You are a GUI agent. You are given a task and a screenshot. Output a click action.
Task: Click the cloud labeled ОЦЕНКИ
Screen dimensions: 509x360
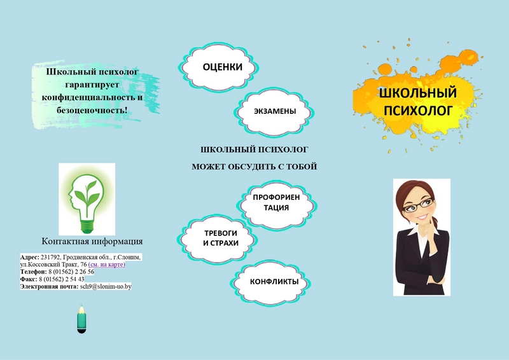pos(218,67)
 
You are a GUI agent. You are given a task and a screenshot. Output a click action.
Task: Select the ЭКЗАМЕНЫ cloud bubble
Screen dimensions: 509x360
pos(274,111)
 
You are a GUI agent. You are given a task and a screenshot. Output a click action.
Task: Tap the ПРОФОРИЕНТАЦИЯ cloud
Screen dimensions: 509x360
pos(277,202)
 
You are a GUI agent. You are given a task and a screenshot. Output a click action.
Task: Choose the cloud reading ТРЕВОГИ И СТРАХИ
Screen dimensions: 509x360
pos(218,239)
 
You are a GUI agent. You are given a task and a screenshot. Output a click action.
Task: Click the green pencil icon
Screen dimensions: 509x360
pos(81,319)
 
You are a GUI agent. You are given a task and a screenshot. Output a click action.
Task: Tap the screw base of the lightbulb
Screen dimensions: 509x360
pos(87,226)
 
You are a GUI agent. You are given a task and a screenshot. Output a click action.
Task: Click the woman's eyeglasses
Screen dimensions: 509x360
pos(417,205)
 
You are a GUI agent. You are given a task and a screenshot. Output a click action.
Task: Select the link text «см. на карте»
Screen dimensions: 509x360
pos(106,264)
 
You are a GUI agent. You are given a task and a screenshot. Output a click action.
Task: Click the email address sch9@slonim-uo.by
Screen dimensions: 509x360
pos(106,286)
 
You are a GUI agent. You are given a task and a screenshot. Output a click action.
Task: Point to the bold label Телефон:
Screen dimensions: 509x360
pos(34,272)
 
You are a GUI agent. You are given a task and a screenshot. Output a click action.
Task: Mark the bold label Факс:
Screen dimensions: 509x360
pos(29,279)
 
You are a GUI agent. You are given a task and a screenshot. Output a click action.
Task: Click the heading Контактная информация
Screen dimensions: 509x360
pos(92,241)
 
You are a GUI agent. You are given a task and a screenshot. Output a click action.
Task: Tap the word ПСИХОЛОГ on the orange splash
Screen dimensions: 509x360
pos(418,111)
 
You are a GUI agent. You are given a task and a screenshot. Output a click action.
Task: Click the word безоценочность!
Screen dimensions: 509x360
pos(92,111)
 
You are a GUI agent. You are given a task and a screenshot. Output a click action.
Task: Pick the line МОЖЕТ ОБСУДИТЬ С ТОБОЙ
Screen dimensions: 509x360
pos(254,167)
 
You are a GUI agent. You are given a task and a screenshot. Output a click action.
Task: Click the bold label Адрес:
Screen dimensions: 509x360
pos(29,257)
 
